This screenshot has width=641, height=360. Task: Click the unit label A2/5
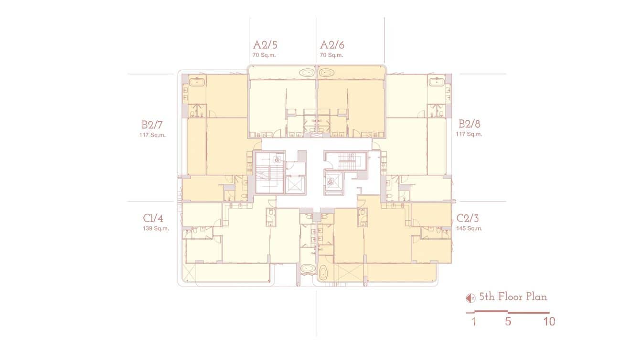click(265, 45)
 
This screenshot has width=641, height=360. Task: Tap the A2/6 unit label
click(332, 45)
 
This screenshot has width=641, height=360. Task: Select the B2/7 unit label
click(153, 125)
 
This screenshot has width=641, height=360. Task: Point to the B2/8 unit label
click(470, 125)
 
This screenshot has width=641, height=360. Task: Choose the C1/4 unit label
click(153, 219)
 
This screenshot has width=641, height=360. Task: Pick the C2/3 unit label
click(468, 219)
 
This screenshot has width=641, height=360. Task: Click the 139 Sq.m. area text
click(153, 228)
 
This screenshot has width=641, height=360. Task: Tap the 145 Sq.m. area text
click(469, 228)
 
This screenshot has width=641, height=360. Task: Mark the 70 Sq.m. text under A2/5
click(265, 55)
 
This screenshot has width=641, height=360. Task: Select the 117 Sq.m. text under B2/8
click(469, 134)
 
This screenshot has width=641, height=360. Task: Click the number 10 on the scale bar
click(549, 321)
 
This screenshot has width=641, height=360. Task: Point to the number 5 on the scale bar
click(508, 321)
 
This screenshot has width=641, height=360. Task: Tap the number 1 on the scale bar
click(473, 321)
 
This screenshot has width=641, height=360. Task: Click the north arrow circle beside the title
click(470, 298)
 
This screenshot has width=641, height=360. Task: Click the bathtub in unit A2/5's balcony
click(306, 73)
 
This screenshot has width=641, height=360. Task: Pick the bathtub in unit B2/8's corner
click(437, 82)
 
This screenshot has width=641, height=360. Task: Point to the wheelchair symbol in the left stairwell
click(278, 160)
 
